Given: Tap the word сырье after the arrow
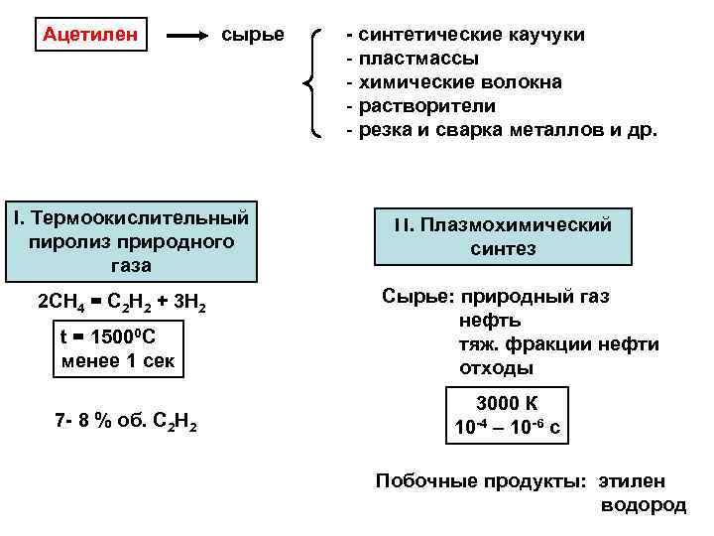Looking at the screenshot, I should (252, 35).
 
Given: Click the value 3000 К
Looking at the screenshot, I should (507, 404).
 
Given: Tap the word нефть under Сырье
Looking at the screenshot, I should (490, 321).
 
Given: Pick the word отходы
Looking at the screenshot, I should (496, 368).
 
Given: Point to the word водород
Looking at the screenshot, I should (644, 505).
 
